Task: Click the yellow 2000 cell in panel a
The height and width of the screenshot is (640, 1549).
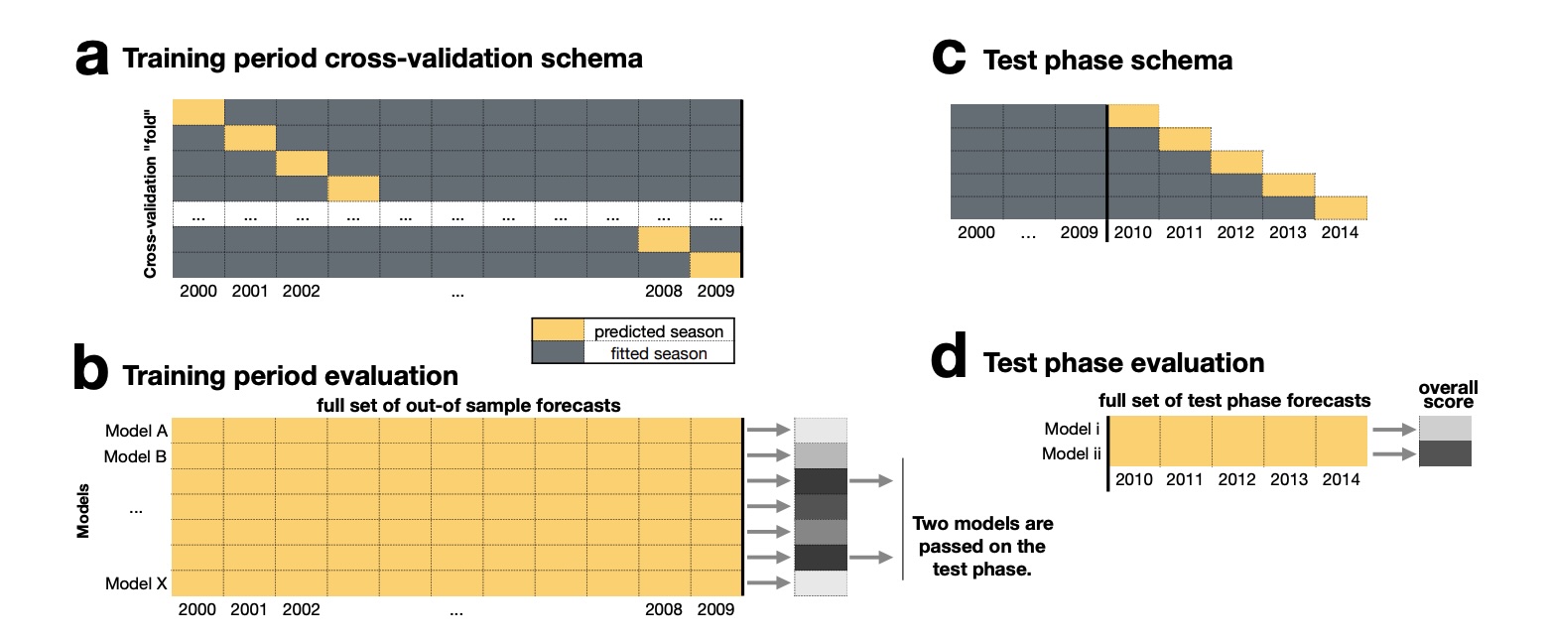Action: (198, 112)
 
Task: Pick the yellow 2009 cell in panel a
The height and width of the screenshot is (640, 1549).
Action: (715, 265)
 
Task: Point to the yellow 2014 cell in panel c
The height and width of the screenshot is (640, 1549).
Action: (1342, 207)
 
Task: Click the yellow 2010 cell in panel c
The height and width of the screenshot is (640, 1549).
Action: (1133, 116)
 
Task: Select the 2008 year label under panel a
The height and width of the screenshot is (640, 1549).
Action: (663, 293)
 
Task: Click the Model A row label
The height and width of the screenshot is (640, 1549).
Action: (137, 431)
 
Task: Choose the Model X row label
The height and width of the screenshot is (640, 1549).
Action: (137, 583)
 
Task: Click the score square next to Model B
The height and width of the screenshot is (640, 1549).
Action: (821, 456)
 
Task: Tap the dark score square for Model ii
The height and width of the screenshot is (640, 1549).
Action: (1445, 453)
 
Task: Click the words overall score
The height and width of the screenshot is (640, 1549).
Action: (1445, 394)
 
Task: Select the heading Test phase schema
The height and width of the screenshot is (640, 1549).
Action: (1107, 61)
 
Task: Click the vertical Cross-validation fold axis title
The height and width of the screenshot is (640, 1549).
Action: (153, 189)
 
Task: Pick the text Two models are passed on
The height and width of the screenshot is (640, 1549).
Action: (982, 535)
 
